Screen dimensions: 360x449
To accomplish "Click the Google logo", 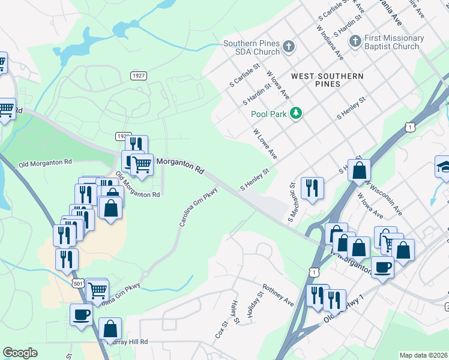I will click(x=20, y=353).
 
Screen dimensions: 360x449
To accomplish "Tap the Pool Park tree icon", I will click(x=295, y=113).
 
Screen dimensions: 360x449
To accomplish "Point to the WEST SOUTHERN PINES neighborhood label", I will click(x=327, y=80).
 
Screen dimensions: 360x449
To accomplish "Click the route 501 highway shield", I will click(x=77, y=283).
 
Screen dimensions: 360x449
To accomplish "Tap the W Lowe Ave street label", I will click(x=265, y=143).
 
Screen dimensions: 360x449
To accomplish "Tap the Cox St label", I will click(x=221, y=331).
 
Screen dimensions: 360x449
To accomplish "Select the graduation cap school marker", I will click(x=445, y=167).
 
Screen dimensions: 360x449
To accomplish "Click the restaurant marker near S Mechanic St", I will click(x=312, y=188).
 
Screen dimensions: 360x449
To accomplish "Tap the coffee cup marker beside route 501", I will click(x=81, y=315).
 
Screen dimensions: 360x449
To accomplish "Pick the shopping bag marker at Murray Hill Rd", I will click(x=110, y=329).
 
